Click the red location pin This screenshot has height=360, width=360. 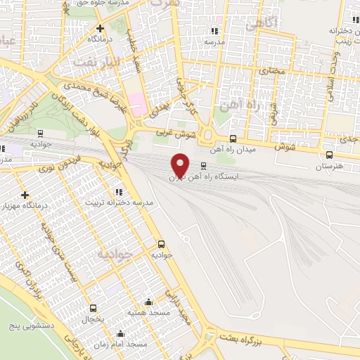point(181,164)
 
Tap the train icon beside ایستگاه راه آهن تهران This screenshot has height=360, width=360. point(203,167)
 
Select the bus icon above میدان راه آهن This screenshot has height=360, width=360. point(233,139)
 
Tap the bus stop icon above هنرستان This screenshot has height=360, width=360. point(329,155)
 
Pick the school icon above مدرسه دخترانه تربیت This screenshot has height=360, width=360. point(119,191)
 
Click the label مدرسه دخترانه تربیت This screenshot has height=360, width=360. point(119,202)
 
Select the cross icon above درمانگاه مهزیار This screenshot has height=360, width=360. point(25,195)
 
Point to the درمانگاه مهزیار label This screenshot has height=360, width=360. point(25,207)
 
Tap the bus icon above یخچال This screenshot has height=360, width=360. point(94,308)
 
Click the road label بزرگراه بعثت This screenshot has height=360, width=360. point(256,338)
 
